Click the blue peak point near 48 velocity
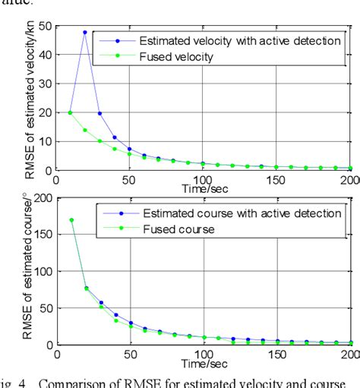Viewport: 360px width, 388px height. point(84,32)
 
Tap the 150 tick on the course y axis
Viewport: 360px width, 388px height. point(42,235)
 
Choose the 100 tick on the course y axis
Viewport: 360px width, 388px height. point(42,272)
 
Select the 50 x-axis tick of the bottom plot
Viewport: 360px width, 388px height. point(129,355)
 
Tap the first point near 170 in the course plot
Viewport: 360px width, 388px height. point(70,221)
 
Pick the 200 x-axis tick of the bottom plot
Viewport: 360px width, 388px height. point(349,355)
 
